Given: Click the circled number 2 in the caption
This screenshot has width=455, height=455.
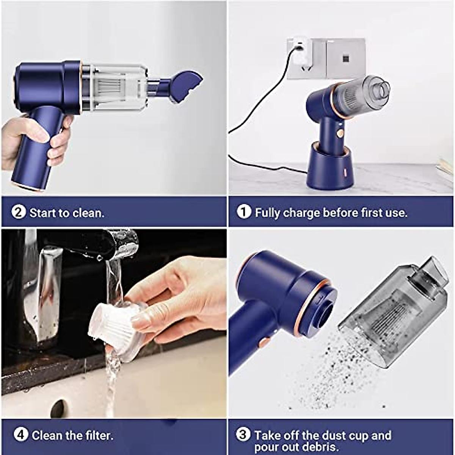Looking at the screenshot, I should [x=18, y=212].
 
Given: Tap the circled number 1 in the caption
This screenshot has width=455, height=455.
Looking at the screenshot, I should [x=244, y=212].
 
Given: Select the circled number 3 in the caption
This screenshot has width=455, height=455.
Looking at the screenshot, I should [x=243, y=435].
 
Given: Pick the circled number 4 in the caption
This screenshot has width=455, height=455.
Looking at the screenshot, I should [x=21, y=435].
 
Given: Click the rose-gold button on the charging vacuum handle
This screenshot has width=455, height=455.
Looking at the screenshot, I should [x=340, y=133].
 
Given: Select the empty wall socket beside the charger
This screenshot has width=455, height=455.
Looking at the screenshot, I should [x=345, y=58].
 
